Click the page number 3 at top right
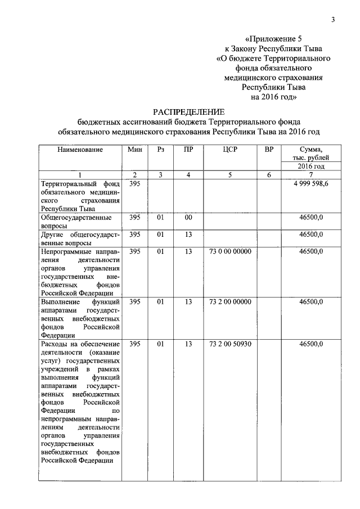coord(333,20)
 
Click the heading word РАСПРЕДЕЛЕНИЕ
coord(189,111)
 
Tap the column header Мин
coord(134,150)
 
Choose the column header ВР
coord(269,150)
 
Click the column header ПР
coord(188,150)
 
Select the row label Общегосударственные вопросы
coord(76,221)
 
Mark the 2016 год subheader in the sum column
coord(311,166)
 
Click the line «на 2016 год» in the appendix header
coord(274,96)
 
